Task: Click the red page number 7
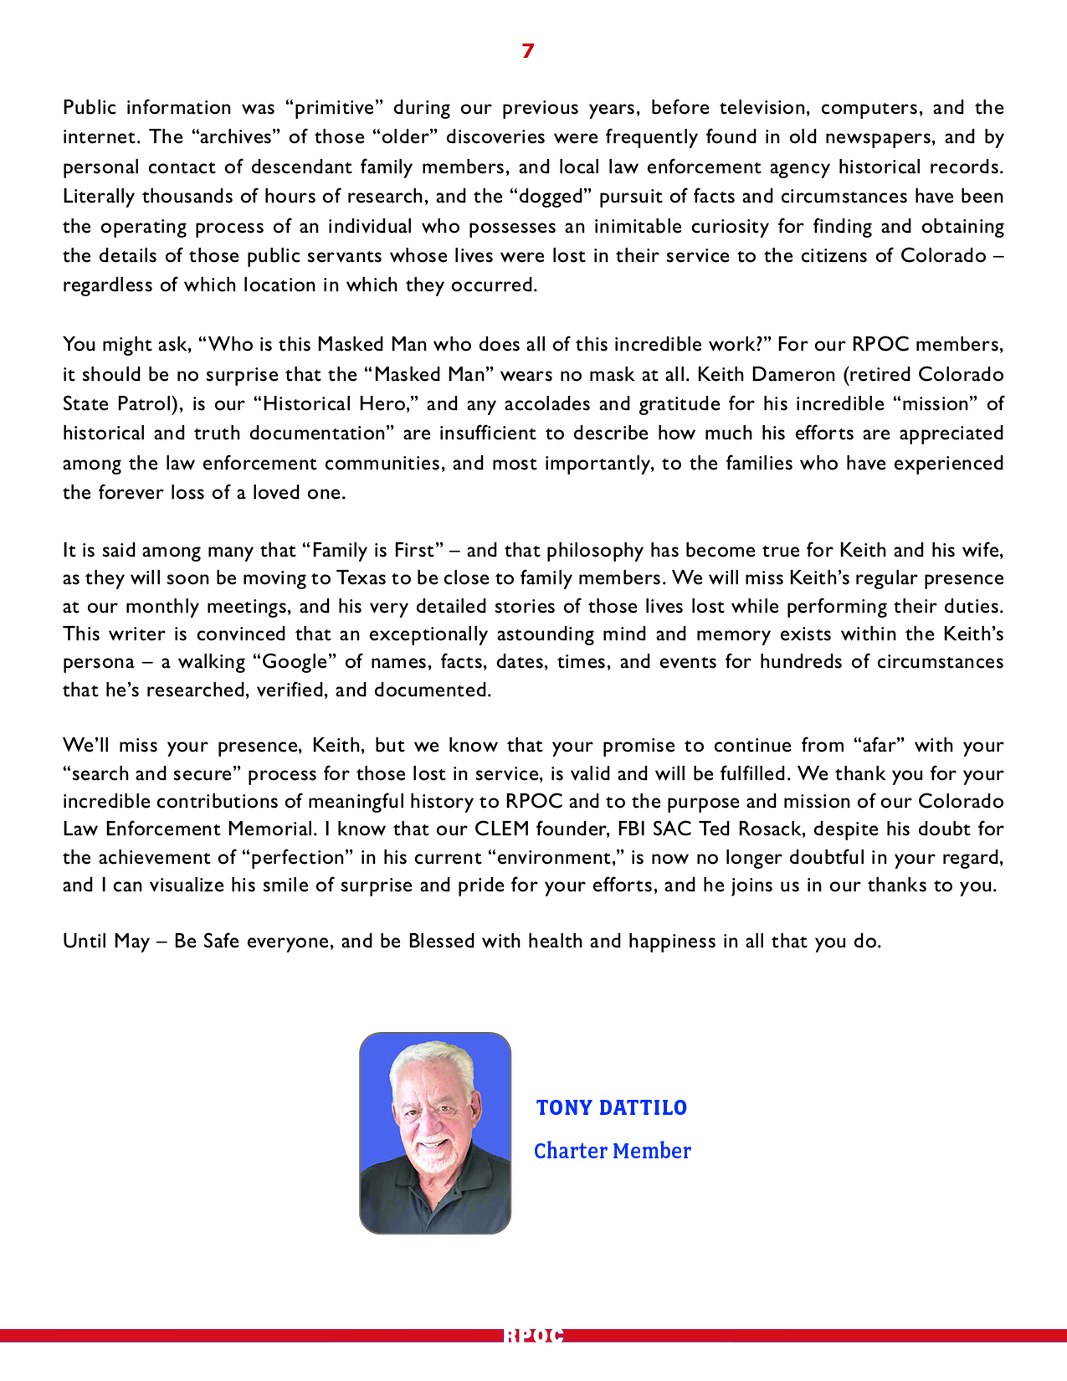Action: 527,51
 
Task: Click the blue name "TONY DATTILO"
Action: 612,1108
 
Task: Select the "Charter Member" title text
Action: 613,1152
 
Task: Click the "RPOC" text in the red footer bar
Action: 533,1336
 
